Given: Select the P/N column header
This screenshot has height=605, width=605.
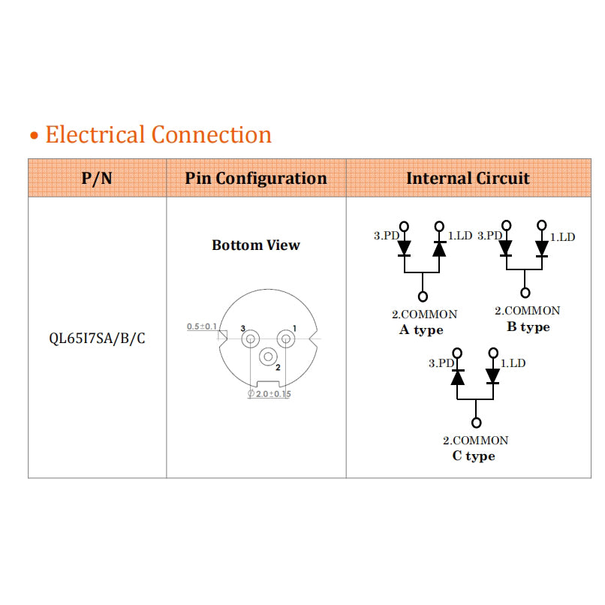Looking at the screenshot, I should [x=97, y=179].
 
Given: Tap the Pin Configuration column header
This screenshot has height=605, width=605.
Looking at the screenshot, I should [x=256, y=179].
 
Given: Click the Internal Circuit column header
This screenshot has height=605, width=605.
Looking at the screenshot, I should [x=468, y=179].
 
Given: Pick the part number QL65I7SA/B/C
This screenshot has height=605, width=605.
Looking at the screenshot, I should [x=97, y=339].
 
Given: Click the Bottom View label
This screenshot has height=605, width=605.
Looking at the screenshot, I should [x=256, y=245].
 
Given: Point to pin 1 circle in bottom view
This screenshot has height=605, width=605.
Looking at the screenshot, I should [x=284, y=339].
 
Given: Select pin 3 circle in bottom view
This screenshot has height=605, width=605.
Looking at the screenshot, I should [x=249, y=339].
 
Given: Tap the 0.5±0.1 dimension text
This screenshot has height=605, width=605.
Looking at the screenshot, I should [x=202, y=327].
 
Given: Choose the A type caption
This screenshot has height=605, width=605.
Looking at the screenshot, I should [x=421, y=330].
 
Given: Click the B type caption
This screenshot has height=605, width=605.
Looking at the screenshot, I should [x=528, y=327].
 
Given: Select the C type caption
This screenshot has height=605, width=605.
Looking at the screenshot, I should [x=474, y=456].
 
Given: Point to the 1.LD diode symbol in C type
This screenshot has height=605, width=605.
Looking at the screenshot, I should [x=493, y=375].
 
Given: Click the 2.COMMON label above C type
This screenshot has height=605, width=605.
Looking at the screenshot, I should [x=475, y=441].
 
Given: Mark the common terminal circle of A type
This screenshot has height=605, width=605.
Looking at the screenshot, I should [x=423, y=297].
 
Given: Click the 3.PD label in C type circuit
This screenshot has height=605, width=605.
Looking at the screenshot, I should [x=441, y=363].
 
